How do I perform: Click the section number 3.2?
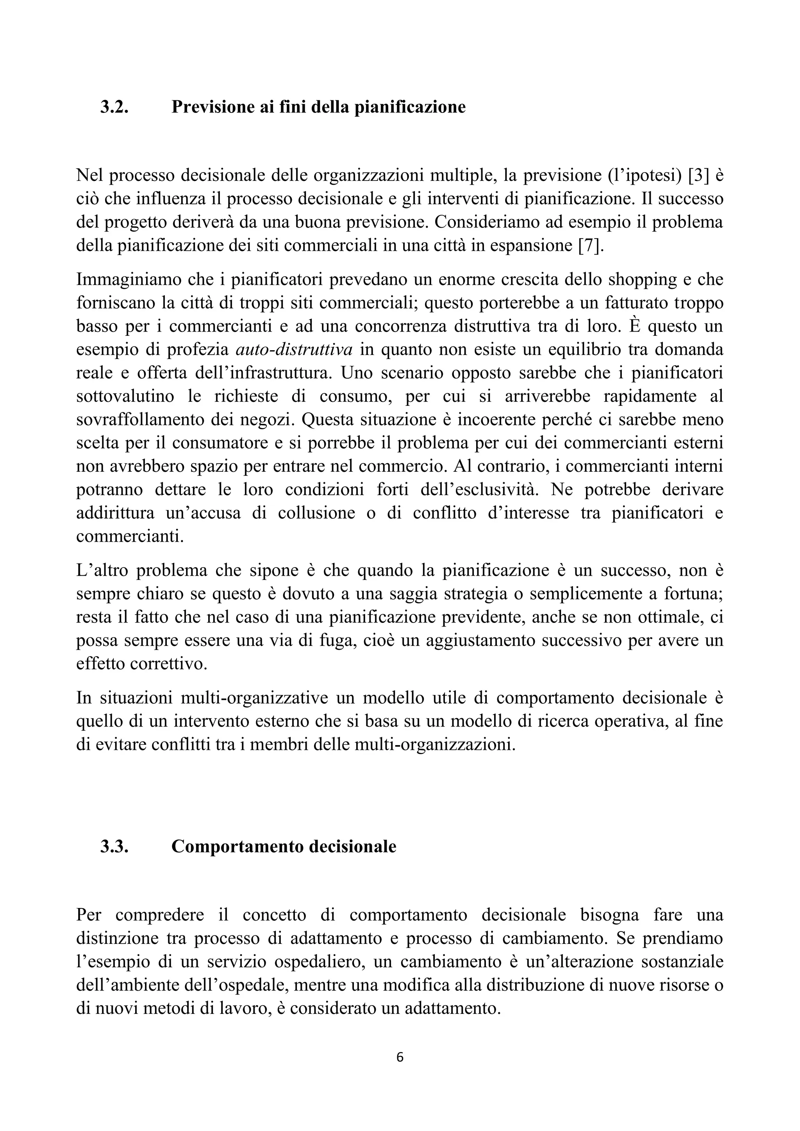pyautogui.click(x=114, y=107)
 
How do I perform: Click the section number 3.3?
pyautogui.click(x=114, y=846)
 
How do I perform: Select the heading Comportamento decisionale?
pyautogui.click(x=284, y=846)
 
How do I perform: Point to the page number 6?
pyautogui.click(x=400, y=1057)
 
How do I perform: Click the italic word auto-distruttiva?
pyautogui.click(x=294, y=350)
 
